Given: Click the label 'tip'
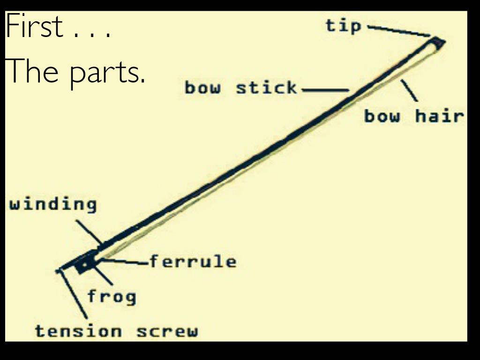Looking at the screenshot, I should [344, 26].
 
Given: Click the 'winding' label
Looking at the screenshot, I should [53, 205].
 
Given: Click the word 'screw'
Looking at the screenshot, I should [167, 331].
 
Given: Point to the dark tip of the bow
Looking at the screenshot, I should [438, 43].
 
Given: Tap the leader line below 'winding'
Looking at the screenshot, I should [89, 232].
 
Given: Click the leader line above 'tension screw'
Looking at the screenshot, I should [74, 295].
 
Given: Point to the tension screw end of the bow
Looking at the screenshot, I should [60, 270].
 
